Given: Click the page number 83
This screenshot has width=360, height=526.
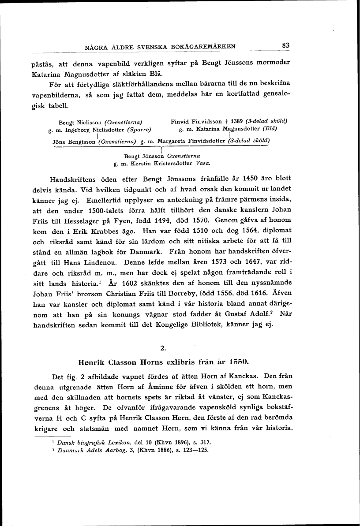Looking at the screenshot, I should point(285,45).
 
